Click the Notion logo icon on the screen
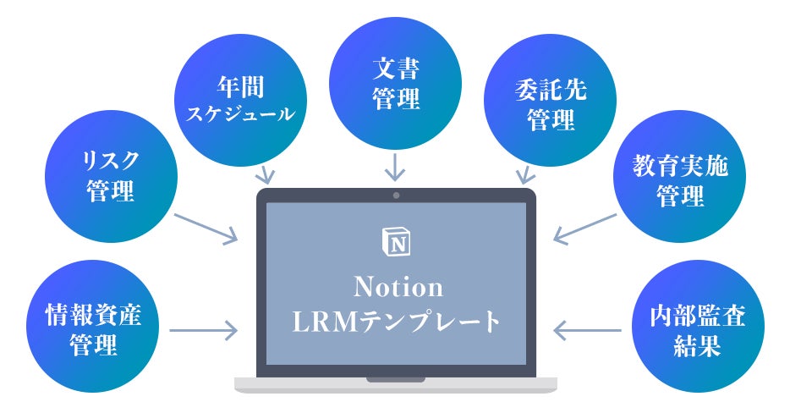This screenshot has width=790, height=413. tap(396, 241)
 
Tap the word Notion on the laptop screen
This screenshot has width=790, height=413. tap(398, 287)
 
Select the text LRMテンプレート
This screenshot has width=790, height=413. tap(397, 322)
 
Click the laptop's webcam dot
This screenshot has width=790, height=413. tap(396, 195)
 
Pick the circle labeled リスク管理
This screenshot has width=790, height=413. tap(112, 176)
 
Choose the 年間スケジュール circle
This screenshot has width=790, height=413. tap(240, 100)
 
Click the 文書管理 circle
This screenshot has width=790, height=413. tap(396, 83)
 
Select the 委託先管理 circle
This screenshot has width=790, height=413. tap(550, 100)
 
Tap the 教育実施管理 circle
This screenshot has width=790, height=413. tap(680, 176)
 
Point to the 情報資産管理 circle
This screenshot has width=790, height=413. tap(93, 326)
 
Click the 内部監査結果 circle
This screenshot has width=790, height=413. tap(698, 326)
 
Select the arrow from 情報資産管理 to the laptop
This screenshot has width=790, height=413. tap(204, 330)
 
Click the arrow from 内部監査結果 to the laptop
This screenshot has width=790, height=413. tap(587, 330)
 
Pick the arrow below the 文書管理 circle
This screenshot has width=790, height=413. tap(395, 167)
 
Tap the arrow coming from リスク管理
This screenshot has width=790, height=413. tap(206, 229)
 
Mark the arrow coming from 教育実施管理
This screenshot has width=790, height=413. tap(585, 229)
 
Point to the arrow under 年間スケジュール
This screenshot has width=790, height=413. tap(265, 174)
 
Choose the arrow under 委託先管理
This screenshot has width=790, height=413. tap(525, 174)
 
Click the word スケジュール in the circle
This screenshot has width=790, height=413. tap(240, 113)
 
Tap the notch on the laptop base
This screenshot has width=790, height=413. tap(396, 380)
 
